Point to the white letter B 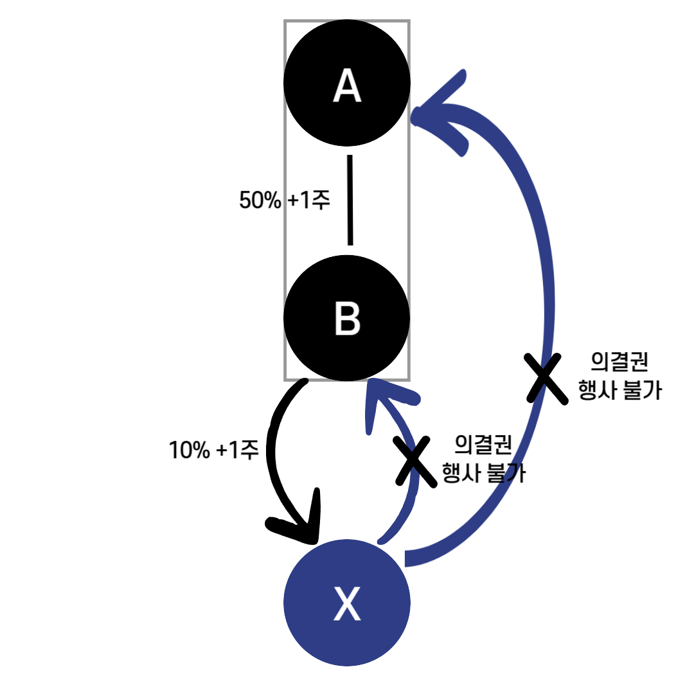coord(347,319)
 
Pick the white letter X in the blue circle coord(347,604)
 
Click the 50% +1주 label coord(284,200)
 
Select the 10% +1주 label coord(213,450)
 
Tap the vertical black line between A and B coord(350,200)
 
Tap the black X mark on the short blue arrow coord(413,461)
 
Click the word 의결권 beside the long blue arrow coord(619,363)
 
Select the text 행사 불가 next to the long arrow coord(619,391)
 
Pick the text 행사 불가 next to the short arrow coord(483,474)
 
